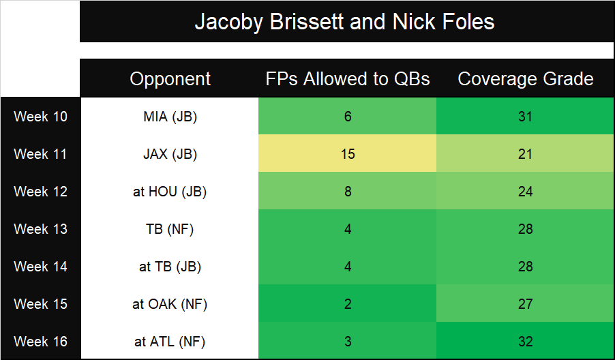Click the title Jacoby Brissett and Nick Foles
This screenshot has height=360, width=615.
(344, 22)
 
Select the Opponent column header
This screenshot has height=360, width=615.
(170, 79)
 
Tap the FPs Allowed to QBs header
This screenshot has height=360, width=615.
(348, 79)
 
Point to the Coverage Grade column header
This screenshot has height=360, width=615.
(525, 79)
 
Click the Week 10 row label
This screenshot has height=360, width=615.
(40, 117)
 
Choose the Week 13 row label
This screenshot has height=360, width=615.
(40, 229)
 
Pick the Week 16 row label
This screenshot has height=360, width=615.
(40, 342)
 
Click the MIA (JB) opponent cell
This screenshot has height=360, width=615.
(170, 117)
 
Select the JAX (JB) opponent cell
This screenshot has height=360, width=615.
(170, 154)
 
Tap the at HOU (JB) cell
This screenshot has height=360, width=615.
(170, 192)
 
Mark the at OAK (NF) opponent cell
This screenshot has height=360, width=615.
(170, 304)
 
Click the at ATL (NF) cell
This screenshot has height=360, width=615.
(170, 342)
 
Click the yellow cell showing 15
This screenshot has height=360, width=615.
(348, 153)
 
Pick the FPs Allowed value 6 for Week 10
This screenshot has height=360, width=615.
(348, 117)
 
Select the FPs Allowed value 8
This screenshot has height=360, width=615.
(348, 192)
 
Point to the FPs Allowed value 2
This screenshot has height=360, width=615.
(348, 304)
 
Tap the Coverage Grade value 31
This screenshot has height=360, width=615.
(525, 117)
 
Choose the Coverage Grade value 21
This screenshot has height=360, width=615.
(525, 154)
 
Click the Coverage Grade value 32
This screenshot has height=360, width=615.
(525, 342)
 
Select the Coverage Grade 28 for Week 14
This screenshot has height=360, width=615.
(525, 267)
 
